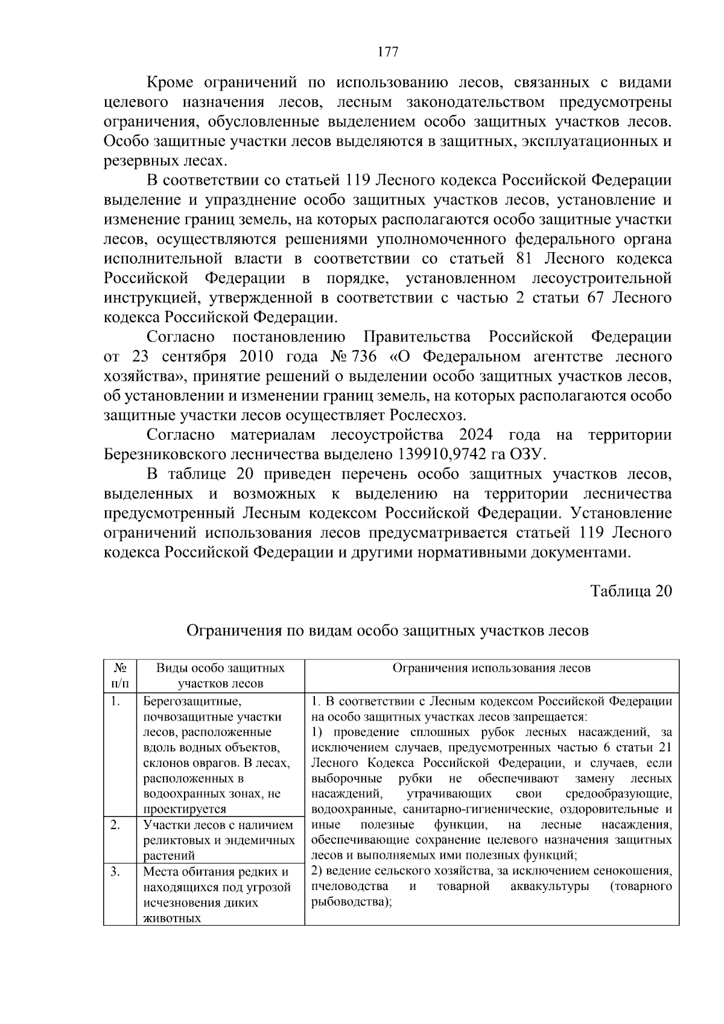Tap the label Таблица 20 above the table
631,590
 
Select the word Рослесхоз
428,415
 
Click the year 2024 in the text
476,434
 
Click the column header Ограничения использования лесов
492,667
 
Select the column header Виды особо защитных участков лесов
220,675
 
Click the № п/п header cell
119,675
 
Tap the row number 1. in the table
116,701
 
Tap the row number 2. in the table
116,824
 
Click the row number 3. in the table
116,871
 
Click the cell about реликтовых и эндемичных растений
219,839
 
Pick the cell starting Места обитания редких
215,871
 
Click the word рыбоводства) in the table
348,902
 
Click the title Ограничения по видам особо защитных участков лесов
387,631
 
